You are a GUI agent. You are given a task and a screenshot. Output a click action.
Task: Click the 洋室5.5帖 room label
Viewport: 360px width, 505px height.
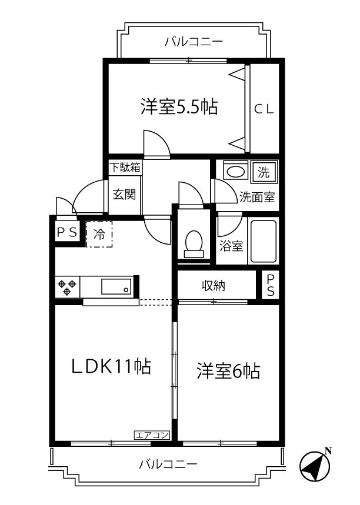click(179, 107)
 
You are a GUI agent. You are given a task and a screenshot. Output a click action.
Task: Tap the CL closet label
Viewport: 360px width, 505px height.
click(264, 108)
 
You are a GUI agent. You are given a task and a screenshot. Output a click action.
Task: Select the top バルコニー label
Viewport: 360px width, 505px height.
click(194, 42)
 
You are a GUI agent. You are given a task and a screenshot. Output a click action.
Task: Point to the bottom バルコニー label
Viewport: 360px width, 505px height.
click(168, 464)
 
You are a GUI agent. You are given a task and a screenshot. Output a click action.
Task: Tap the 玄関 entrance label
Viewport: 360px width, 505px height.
click(125, 193)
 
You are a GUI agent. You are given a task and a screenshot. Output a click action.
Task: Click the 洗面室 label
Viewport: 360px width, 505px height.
click(257, 198)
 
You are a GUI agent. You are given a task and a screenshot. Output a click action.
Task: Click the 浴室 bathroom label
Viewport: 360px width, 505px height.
click(231, 246)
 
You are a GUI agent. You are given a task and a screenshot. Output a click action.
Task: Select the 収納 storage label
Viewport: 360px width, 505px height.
click(214, 286)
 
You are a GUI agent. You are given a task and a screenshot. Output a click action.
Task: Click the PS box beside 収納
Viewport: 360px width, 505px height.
click(271, 286)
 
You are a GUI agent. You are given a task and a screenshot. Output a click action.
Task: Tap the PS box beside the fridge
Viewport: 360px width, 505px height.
click(66, 232)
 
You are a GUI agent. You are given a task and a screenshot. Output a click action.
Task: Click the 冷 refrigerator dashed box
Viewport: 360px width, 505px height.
click(99, 234)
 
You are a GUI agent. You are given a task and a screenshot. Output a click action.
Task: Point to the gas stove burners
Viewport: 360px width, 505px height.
click(68, 287)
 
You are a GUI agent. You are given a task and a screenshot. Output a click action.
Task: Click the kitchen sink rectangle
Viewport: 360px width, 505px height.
click(116, 287)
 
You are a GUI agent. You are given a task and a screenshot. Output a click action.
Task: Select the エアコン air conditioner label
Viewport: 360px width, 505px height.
click(152, 435)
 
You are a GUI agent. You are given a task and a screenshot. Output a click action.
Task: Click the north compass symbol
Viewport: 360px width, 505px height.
click(315, 467)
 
